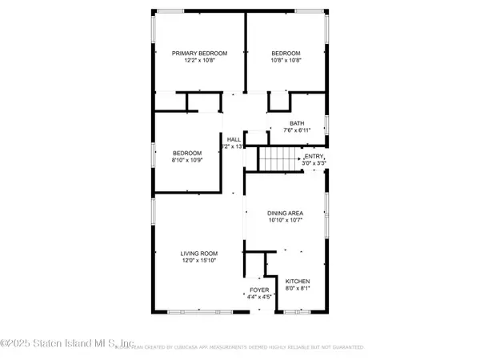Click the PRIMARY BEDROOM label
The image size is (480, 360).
click(x=200, y=54)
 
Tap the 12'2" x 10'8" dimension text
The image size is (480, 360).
click(x=200, y=61)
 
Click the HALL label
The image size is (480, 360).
click(x=234, y=139)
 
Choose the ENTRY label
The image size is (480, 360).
click(x=314, y=156)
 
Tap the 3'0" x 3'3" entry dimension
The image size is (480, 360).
click(x=314, y=163)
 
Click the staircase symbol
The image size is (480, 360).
click(x=271, y=158)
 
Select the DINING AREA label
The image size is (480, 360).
click(x=286, y=214)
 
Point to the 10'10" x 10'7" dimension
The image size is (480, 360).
click(x=286, y=221)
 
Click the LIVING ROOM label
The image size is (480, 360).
click(x=200, y=254)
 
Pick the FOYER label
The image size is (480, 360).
click(x=258, y=290)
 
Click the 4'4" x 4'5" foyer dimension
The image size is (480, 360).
click(x=258, y=298)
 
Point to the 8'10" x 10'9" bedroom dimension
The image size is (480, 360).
click(x=187, y=159)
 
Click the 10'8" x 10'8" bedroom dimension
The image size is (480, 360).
click(x=286, y=61)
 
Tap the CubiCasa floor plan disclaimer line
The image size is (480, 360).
click(x=240, y=348)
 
